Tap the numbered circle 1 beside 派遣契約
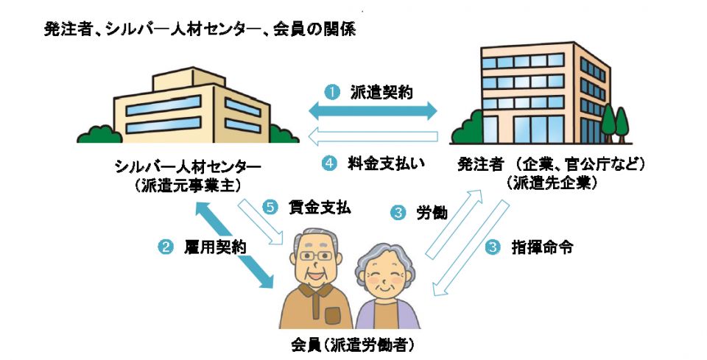pyautogui.click(x=332, y=93)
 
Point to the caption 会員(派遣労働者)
pyautogui.click(x=348, y=344)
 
